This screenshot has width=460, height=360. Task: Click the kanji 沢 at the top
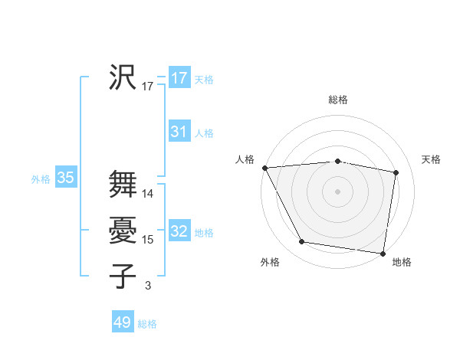123,77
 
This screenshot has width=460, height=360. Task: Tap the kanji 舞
123,184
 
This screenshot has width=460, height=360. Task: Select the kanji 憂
123,230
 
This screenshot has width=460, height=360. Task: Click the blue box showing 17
179,78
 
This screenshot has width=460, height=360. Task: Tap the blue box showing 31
179,132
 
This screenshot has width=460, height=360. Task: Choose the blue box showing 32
179,231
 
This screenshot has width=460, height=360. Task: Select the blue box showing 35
66,178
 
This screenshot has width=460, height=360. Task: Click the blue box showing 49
123,322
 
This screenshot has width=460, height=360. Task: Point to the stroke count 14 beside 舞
149,194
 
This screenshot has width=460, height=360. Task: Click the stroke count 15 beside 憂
149,240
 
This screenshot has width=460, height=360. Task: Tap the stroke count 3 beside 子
148,286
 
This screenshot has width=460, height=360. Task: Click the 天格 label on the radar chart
432,159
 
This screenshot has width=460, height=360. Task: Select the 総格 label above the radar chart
338,100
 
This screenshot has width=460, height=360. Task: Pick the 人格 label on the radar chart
245,159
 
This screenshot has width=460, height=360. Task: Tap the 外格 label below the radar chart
270,262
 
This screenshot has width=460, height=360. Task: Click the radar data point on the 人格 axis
264,167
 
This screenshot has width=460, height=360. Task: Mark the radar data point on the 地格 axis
383,253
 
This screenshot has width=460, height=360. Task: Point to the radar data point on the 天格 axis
396,172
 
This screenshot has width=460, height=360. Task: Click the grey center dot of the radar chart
338,191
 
